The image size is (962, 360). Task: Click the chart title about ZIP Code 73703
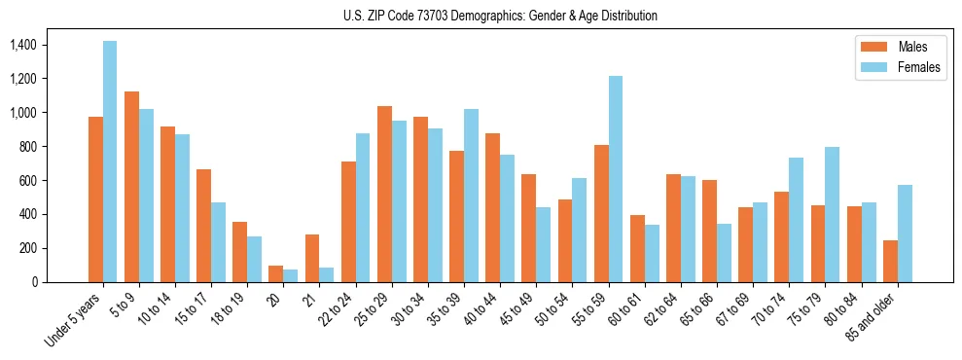pyautogui.click(x=500, y=16)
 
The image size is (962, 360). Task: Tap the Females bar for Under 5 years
pyautogui.click(x=110, y=162)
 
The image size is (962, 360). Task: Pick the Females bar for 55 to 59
pyautogui.click(x=616, y=179)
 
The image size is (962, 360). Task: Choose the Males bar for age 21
pyautogui.click(x=312, y=258)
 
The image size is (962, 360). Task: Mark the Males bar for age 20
pyautogui.click(x=276, y=273)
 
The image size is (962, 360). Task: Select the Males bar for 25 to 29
pyautogui.click(x=384, y=194)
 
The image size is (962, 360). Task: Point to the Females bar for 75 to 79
pyautogui.click(x=833, y=214)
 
